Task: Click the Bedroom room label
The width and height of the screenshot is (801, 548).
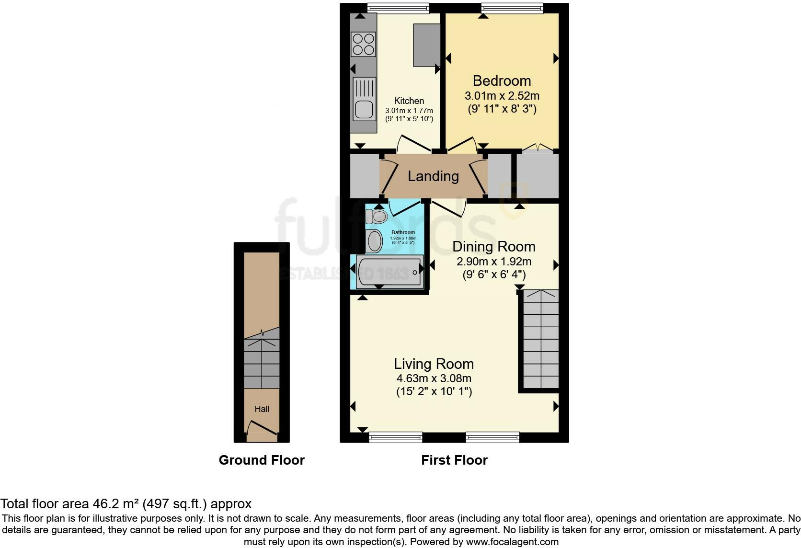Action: click(x=502, y=80)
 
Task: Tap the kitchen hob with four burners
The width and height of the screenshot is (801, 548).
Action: click(x=363, y=44)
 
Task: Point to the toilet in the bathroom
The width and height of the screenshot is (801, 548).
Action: click(x=377, y=217)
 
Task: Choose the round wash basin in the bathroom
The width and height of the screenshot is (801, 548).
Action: click(x=374, y=240)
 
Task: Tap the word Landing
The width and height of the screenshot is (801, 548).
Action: click(x=433, y=176)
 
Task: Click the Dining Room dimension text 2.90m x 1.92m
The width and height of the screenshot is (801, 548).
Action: click(x=493, y=262)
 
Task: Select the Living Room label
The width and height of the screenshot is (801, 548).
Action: click(x=434, y=364)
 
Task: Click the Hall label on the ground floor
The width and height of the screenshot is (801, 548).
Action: click(x=262, y=409)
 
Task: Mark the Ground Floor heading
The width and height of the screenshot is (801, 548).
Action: click(x=262, y=460)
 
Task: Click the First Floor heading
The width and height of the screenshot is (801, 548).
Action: click(x=454, y=460)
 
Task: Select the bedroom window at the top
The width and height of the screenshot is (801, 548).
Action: click(x=512, y=6)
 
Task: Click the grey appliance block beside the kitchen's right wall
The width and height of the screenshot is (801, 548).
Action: click(x=426, y=45)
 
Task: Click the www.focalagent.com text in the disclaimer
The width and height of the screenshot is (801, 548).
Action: click(x=512, y=542)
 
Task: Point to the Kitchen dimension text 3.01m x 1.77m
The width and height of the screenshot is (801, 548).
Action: click(x=409, y=111)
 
